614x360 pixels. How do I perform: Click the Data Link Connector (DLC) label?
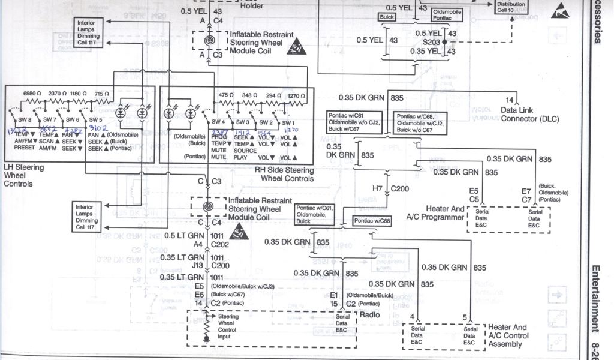(x=529, y=114)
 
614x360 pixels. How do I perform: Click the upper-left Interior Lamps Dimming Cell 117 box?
(x=88, y=32)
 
